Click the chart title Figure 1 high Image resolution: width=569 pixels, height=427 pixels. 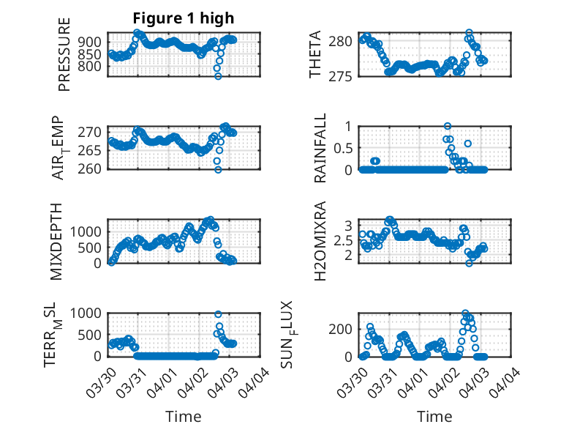pos(184,18)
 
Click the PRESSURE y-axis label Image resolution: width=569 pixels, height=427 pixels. pos(64,54)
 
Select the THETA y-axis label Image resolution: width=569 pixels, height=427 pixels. pos(315,54)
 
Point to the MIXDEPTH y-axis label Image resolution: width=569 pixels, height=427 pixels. pos(56,241)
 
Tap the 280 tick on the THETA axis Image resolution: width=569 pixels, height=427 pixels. pos(341,41)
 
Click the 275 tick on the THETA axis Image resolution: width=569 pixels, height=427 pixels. pos(341,76)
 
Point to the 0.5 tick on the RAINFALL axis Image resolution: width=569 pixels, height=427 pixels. pos(338,148)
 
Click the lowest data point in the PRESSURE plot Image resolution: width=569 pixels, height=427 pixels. pos(218,76)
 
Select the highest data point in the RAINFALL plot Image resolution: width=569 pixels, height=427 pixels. pos(448,126)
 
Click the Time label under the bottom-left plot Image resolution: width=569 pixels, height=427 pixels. pos(184,416)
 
